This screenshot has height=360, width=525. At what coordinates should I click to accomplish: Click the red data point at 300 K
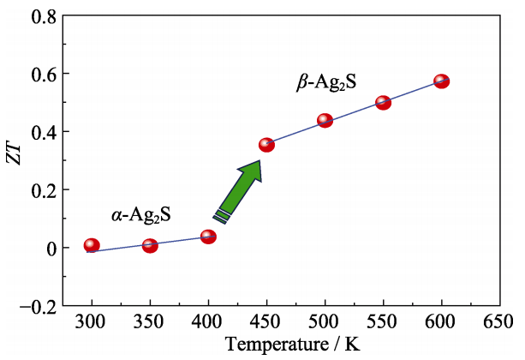pyautogui.click(x=92, y=246)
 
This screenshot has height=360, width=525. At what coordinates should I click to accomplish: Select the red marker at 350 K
pyautogui.click(x=150, y=246)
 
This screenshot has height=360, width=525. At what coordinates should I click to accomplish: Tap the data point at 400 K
pyautogui.click(x=208, y=237)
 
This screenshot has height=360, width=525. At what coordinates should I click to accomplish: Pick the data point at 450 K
pyautogui.click(x=266, y=145)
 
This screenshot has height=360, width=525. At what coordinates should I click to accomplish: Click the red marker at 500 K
pyautogui.click(x=325, y=121)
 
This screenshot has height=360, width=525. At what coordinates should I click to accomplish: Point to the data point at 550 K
pyautogui.click(x=383, y=103)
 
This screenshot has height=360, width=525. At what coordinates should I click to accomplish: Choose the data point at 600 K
pyautogui.click(x=441, y=81)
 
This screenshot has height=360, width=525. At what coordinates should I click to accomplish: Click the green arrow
pyautogui.click(x=241, y=189)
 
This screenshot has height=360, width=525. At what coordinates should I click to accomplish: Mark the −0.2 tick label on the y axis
pyautogui.click(x=39, y=306)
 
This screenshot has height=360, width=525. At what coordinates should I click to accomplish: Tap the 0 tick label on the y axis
pyautogui.click(x=51, y=249)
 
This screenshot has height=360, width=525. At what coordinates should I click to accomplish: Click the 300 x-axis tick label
pyautogui.click(x=92, y=323)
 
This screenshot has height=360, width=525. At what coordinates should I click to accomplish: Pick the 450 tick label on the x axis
pyautogui.click(x=266, y=323)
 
